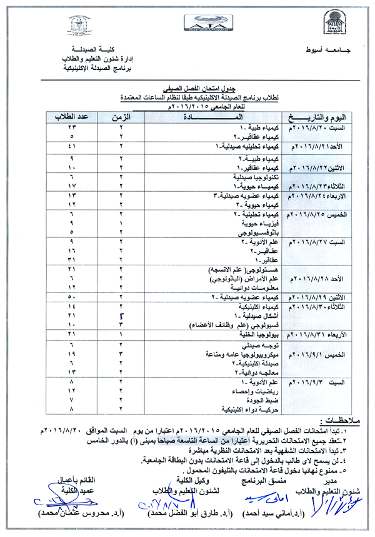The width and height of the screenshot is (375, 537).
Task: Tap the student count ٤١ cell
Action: pos(72,147)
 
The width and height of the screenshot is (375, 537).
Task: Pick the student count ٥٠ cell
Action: pos(72,297)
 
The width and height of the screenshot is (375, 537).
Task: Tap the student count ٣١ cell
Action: pos(72,259)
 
